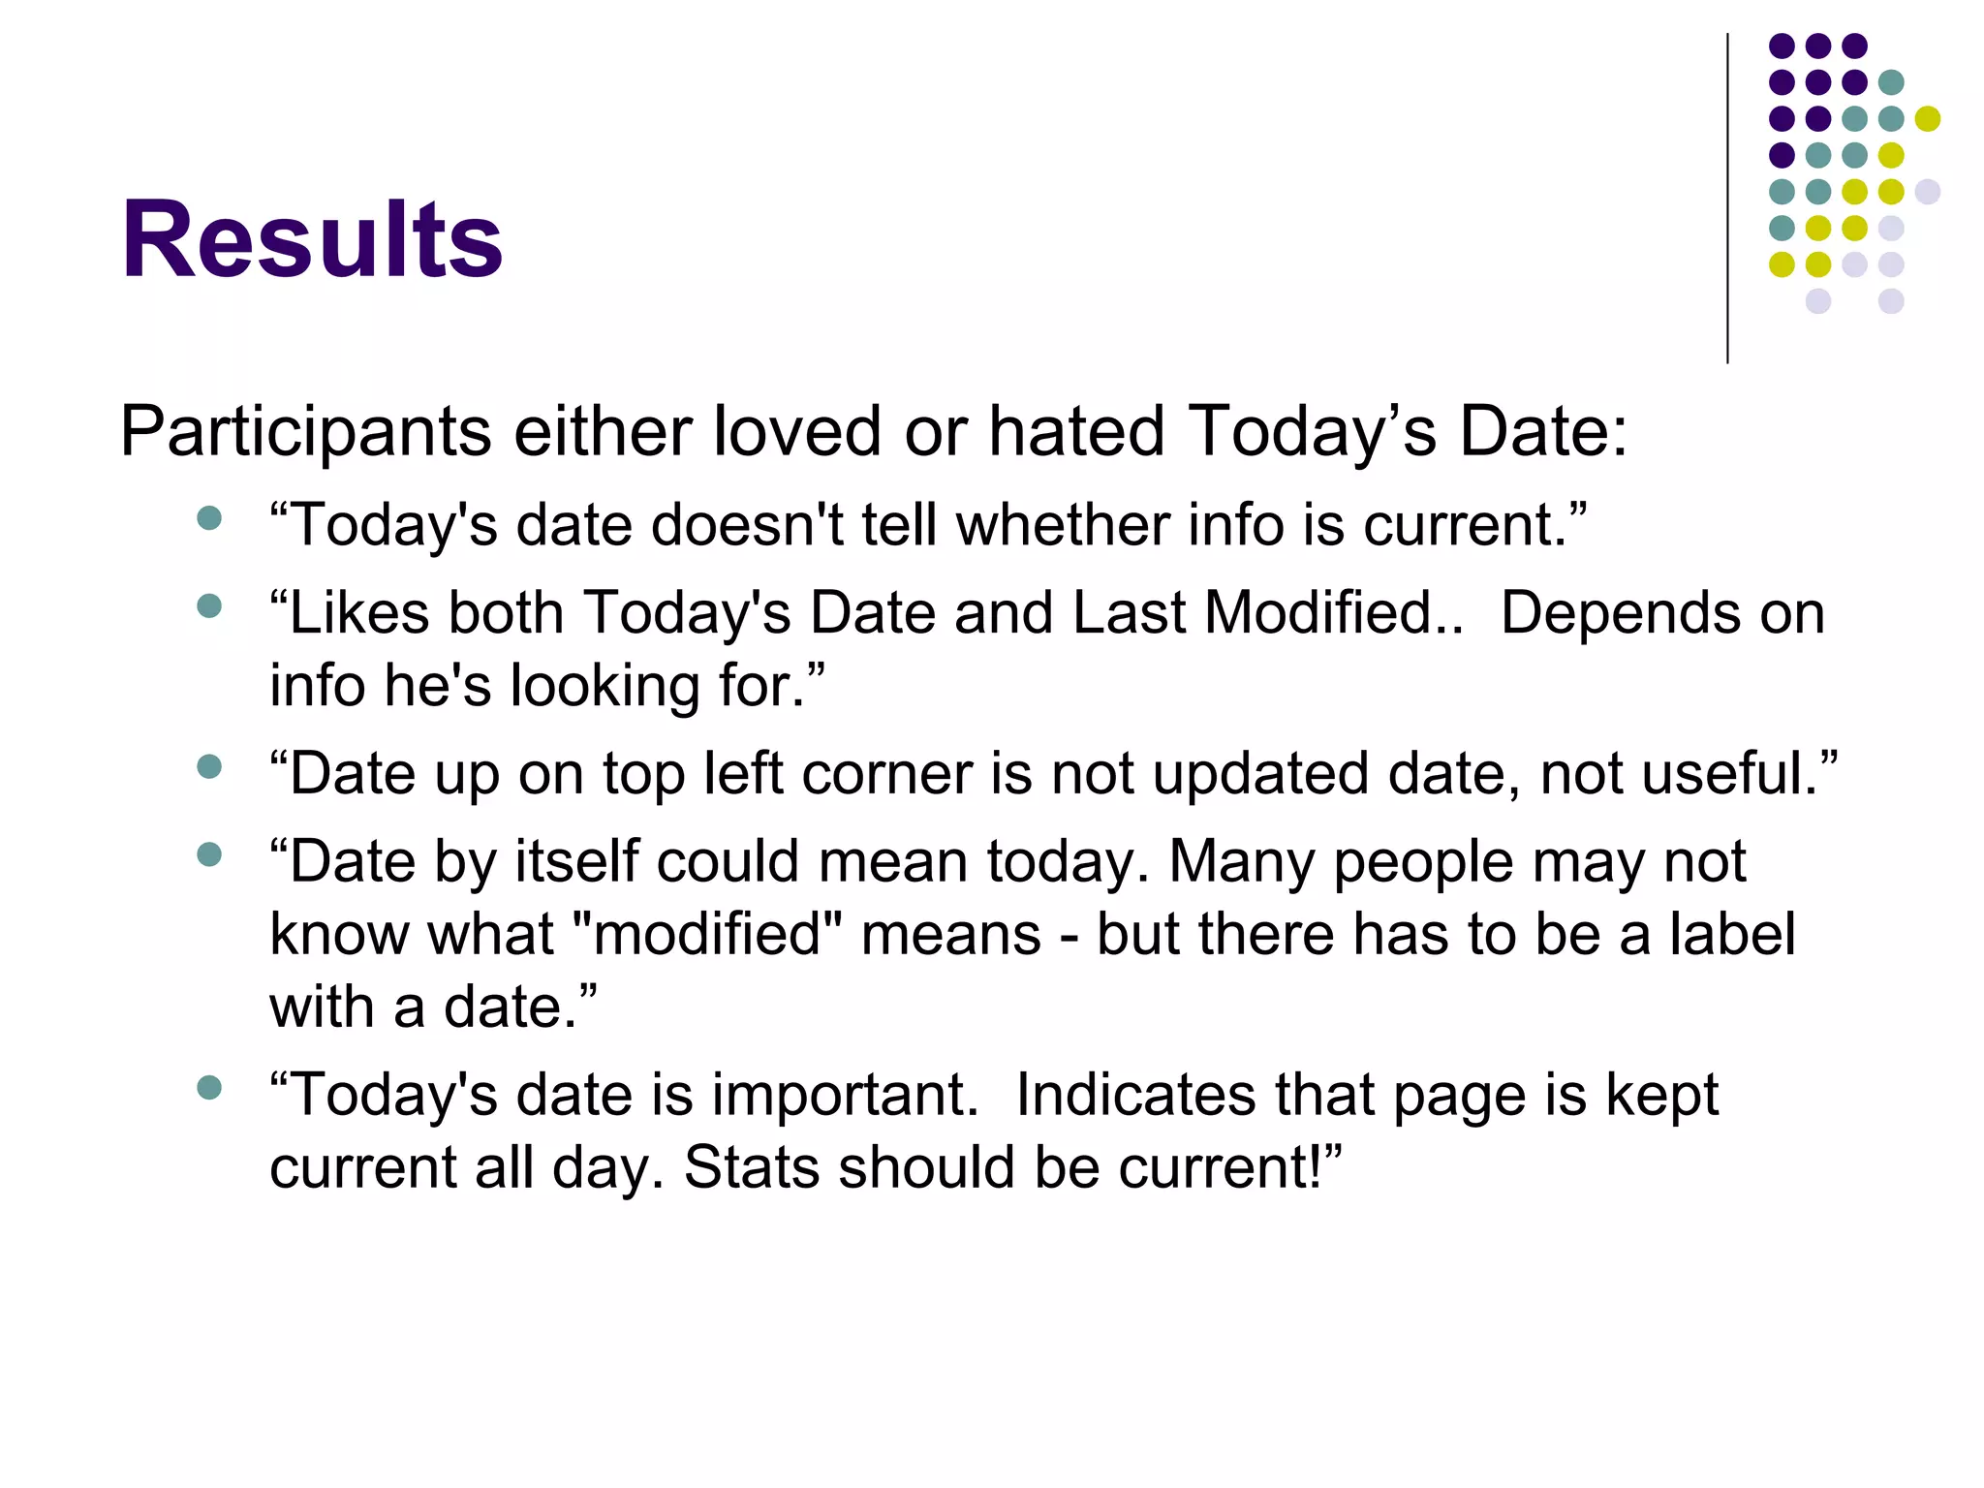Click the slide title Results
pos(312,239)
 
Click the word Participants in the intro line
pos(305,432)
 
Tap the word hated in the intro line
pos(1075,430)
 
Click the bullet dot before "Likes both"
pos(209,606)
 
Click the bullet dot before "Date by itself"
pos(209,854)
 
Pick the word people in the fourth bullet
pos(1423,862)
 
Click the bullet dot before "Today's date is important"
pos(209,1087)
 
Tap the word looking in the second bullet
pos(604,687)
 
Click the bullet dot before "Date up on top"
pos(209,767)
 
